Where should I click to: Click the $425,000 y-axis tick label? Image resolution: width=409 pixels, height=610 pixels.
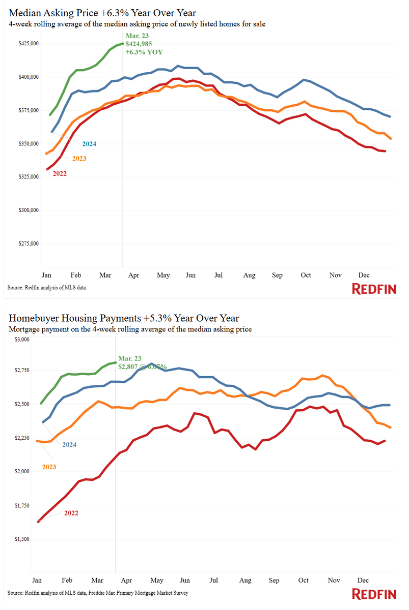point(28,44)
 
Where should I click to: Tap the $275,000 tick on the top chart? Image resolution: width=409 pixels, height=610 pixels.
point(28,243)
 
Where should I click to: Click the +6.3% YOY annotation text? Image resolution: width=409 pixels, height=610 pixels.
point(144,52)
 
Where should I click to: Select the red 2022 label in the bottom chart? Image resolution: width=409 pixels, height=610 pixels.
point(71,513)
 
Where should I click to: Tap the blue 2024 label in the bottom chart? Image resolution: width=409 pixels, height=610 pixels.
point(69,445)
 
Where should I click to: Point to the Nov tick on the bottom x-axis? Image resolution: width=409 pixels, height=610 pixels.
point(334,580)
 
